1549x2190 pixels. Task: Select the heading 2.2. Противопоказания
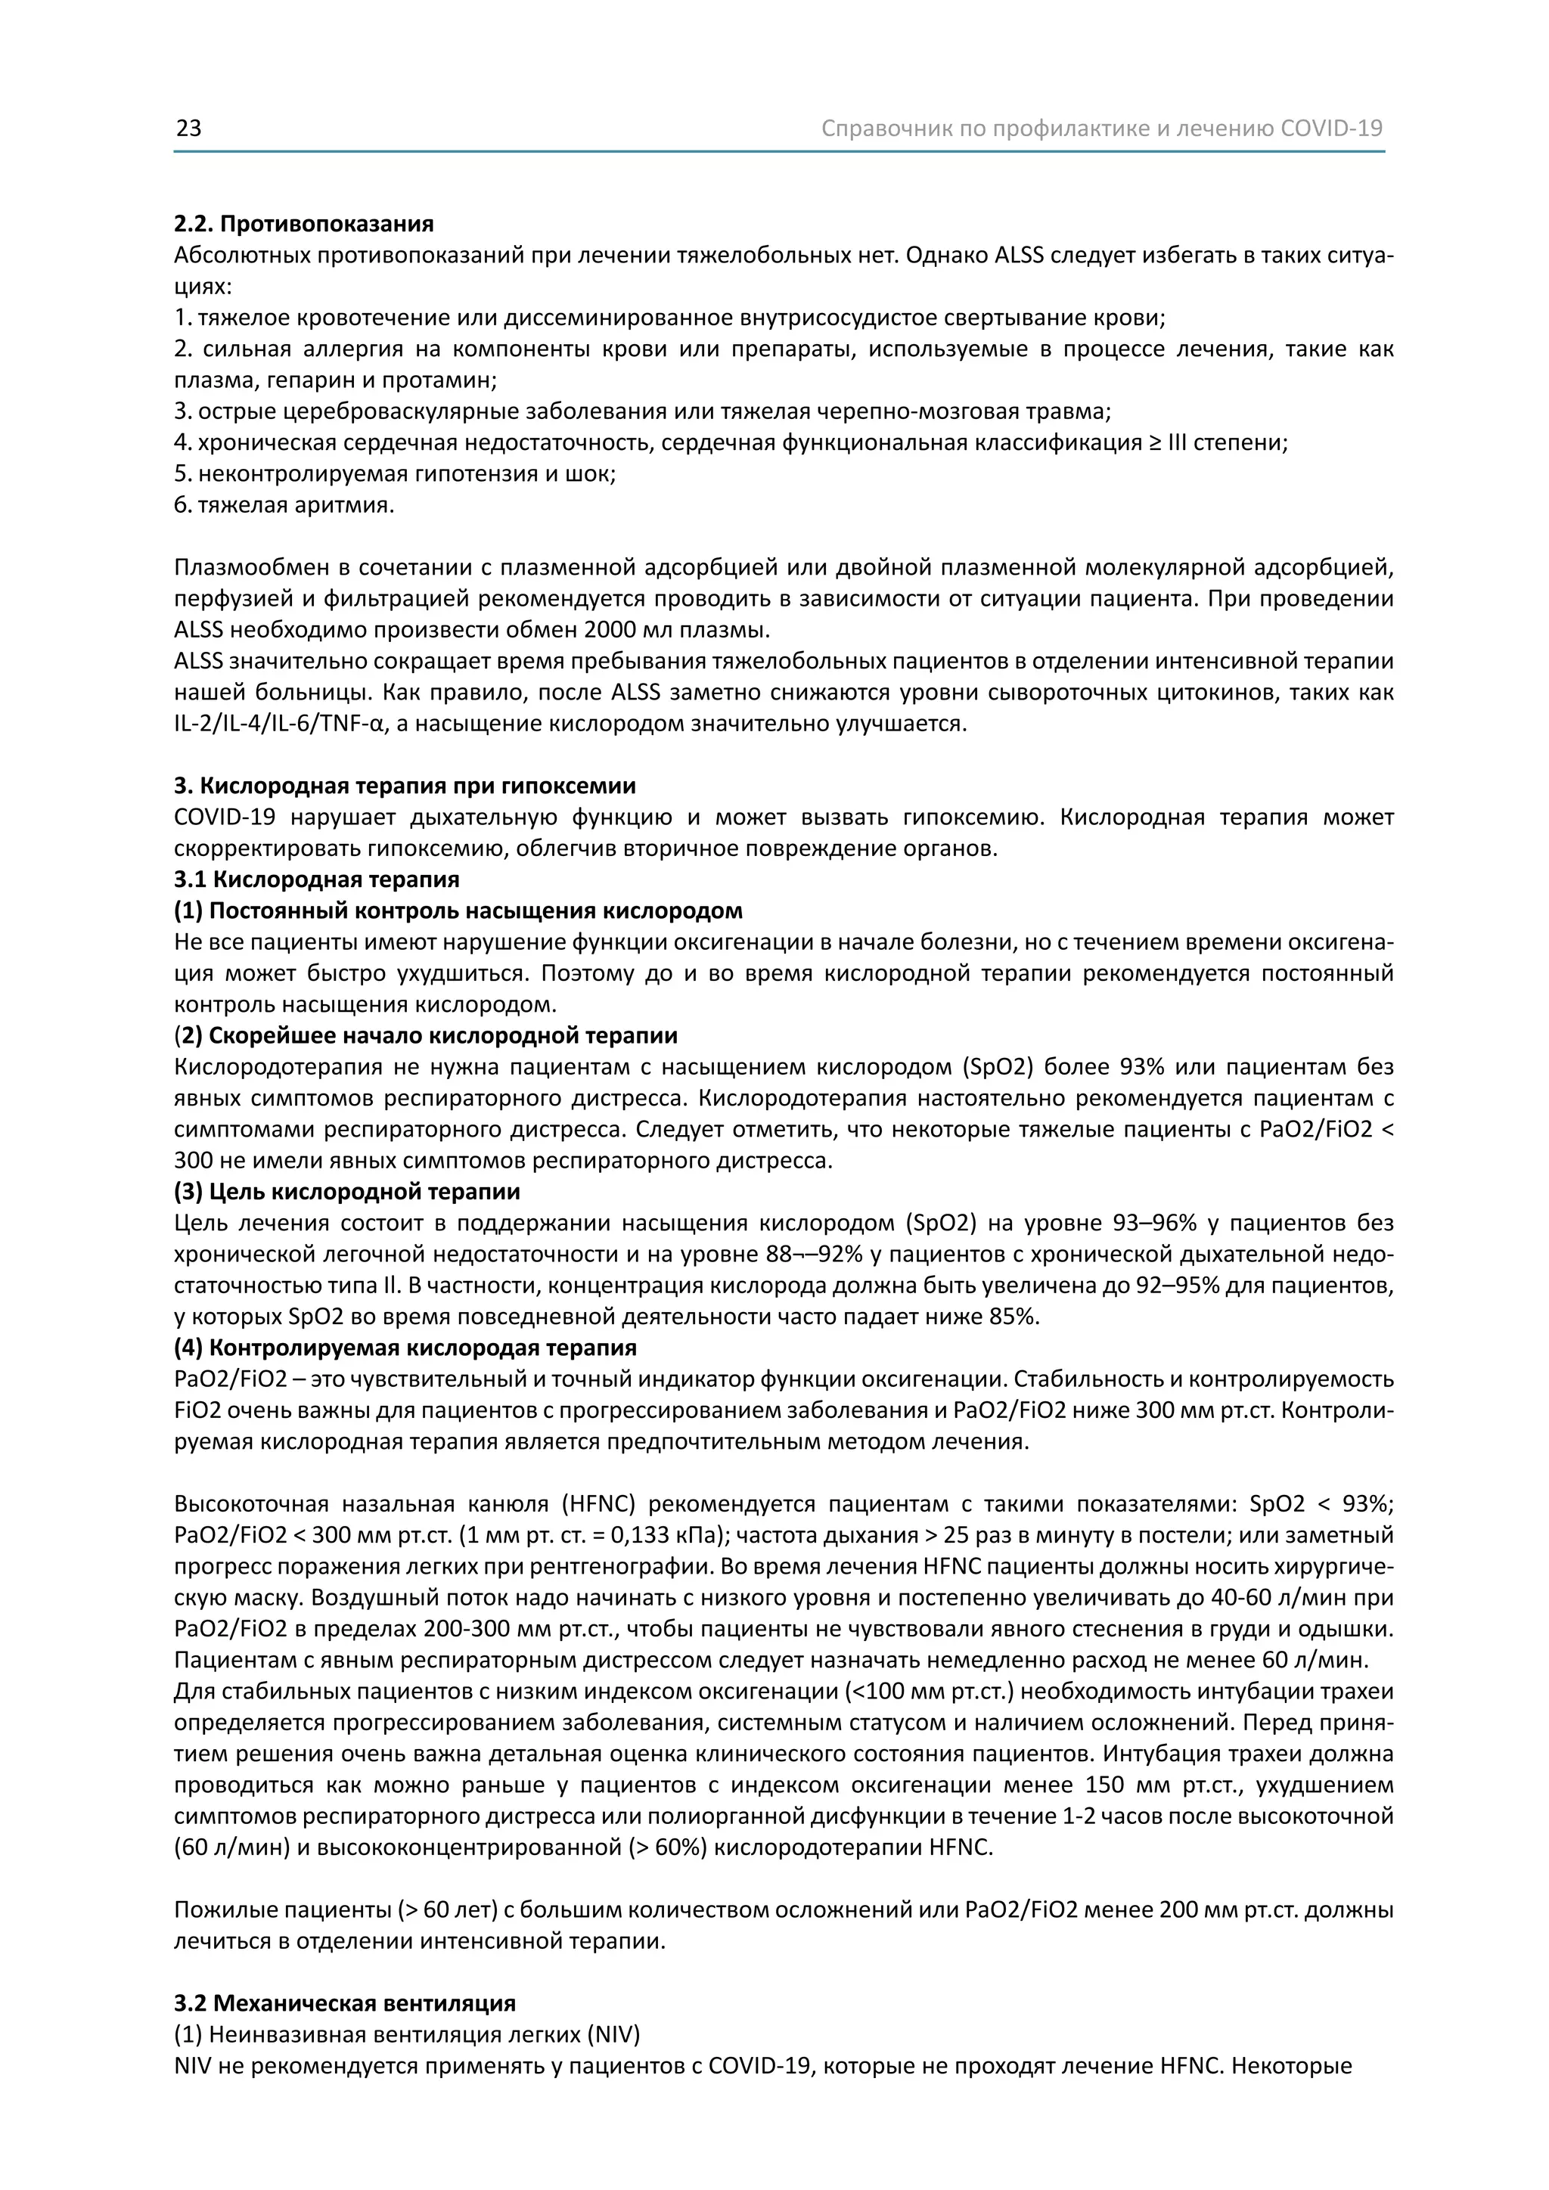click(x=303, y=224)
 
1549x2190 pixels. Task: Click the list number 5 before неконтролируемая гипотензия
click(x=182, y=474)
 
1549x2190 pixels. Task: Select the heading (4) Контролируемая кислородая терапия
click(x=405, y=1348)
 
